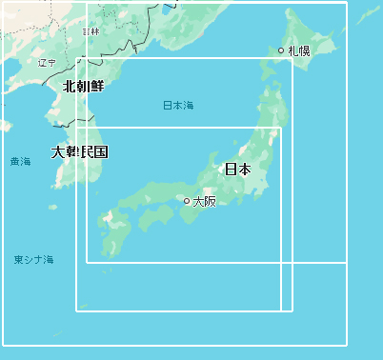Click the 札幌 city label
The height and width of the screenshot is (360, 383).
tap(299, 50)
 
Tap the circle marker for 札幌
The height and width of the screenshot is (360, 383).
tap(281, 50)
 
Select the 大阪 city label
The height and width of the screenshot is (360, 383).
tap(204, 201)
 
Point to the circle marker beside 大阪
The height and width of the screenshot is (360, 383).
tap(187, 201)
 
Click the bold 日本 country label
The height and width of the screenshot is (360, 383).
tap(237, 170)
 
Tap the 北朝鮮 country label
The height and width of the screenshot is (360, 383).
tap(83, 86)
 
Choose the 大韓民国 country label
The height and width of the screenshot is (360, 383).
tap(79, 151)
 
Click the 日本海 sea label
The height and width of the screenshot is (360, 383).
tap(177, 105)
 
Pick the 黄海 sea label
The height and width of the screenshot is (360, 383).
tap(20, 162)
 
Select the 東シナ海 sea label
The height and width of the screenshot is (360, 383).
tap(33, 259)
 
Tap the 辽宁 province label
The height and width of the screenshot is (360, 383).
tap(47, 63)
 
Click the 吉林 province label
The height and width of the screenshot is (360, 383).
tap(91, 31)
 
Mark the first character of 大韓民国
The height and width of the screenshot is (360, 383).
tap(58, 151)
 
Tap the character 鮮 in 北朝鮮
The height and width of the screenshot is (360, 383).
tap(96, 86)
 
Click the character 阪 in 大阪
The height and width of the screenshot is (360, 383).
tap(210, 201)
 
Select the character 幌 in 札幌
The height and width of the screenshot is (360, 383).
tap(305, 50)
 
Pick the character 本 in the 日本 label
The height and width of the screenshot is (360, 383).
tap(244, 170)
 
